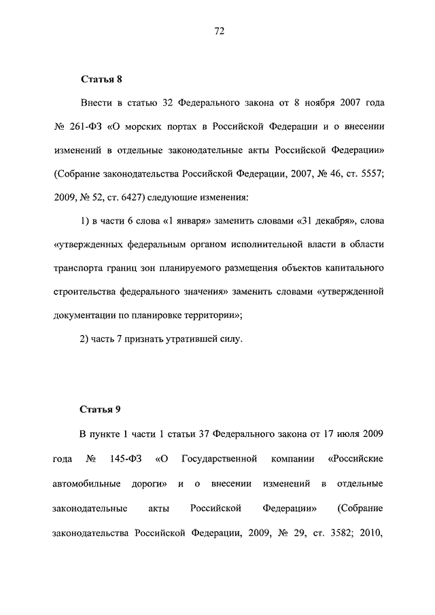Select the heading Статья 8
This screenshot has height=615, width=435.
click(x=101, y=80)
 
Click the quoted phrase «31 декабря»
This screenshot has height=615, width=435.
click(x=327, y=222)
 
